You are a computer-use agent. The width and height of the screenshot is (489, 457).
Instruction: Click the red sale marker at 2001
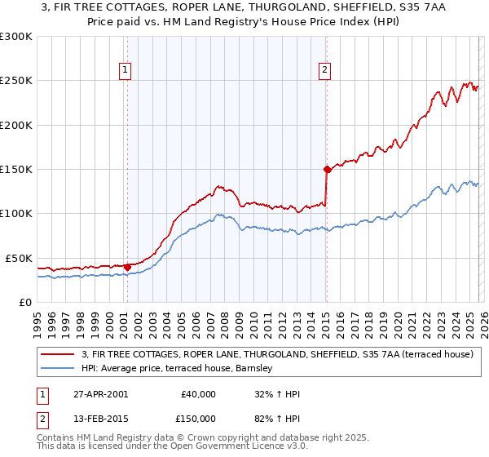pos(127,266)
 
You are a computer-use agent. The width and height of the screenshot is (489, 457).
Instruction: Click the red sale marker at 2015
pos(327,170)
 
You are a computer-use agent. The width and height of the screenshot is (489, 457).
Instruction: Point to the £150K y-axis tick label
pos(16,170)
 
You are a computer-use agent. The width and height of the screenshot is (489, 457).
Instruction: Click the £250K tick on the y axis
pos(16,81)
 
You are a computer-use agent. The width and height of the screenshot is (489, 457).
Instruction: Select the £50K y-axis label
pos(20,258)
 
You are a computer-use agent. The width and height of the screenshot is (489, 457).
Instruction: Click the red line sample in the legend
pos(59,354)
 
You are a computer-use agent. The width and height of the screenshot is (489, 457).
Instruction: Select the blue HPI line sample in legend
pos(59,369)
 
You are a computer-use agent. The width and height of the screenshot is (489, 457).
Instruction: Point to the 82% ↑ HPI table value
pos(277,419)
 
